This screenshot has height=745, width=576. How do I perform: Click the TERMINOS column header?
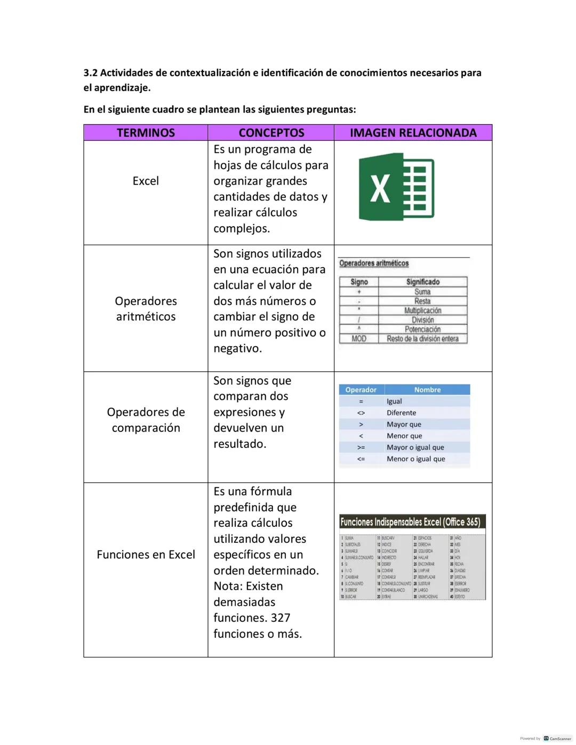[x=146, y=133]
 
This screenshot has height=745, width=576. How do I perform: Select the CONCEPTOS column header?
[x=271, y=133]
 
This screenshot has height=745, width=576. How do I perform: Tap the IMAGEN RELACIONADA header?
[x=413, y=133]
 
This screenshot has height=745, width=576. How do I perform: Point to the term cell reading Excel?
[x=146, y=181]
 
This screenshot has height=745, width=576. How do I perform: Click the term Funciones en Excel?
[x=146, y=555]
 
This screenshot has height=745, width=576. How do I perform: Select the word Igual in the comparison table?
[x=394, y=402]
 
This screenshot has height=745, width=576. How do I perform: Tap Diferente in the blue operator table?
[x=401, y=413]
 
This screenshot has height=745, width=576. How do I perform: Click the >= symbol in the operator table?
[x=361, y=447]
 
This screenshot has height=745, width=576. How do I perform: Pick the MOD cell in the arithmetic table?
[x=359, y=339]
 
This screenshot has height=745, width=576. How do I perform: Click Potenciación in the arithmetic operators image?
[x=422, y=330]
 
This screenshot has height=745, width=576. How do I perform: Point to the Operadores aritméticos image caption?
[x=374, y=263]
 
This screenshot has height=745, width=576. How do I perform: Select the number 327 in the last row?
[x=280, y=618]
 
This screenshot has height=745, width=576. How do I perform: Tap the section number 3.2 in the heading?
[x=91, y=73]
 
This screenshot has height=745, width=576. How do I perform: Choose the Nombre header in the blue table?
[x=427, y=390]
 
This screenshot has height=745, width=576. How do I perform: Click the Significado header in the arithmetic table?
[x=422, y=282]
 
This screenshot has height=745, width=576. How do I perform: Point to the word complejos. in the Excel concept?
[x=242, y=229]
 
